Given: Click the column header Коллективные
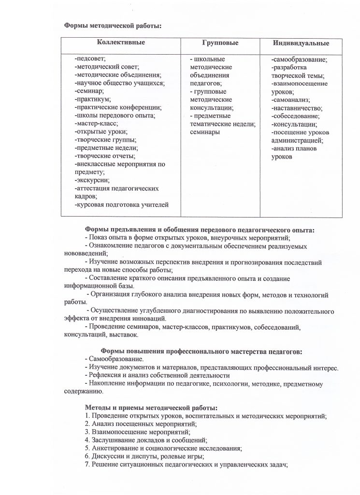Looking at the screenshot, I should point(121,43).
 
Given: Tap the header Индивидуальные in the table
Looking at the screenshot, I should point(301,43).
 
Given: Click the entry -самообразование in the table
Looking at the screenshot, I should point(300,59).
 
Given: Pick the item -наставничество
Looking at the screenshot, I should point(297,108).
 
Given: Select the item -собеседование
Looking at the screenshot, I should point(295,116).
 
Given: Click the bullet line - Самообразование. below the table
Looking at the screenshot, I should point(114,359).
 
